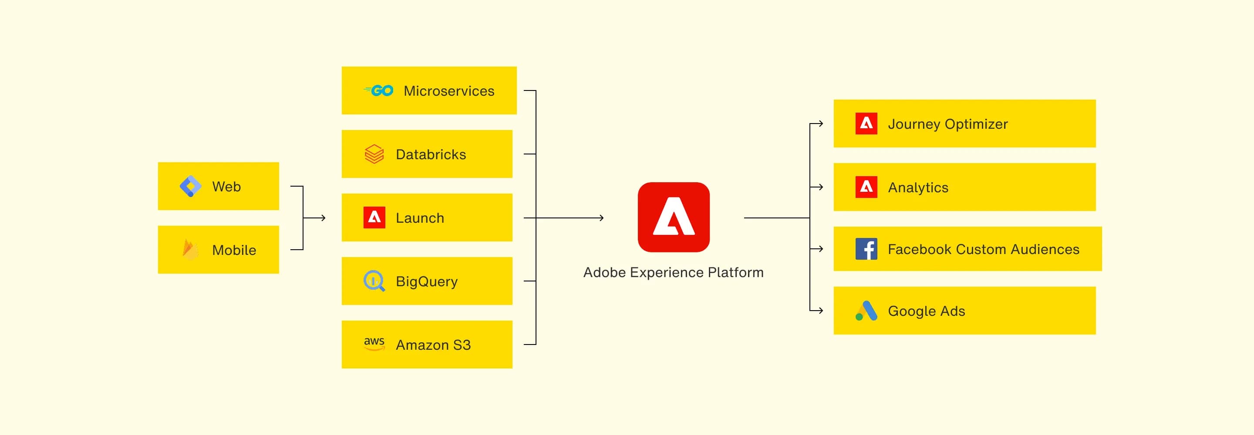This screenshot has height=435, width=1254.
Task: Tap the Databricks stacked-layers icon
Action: [x=374, y=154]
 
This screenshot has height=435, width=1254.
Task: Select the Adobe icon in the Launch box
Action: [x=374, y=217]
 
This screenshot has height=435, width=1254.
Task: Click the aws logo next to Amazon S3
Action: [x=374, y=344]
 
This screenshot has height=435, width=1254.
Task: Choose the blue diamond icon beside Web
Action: [x=190, y=186]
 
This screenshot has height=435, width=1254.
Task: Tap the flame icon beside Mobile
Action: [x=190, y=249]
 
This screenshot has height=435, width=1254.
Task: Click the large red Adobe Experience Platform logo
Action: [x=673, y=217]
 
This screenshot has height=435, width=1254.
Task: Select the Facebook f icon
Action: [x=866, y=249]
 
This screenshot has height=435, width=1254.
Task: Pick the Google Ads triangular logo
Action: [x=866, y=311]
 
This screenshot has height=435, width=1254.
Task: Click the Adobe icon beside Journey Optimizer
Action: [x=866, y=124]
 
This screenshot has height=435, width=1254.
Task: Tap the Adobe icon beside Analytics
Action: [x=866, y=187]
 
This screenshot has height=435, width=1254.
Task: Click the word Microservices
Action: [x=449, y=91]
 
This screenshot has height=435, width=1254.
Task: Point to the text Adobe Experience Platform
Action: [x=673, y=272]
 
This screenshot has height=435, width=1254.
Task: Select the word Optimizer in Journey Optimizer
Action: [x=976, y=124]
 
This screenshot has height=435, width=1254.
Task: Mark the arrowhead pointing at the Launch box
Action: [x=323, y=218]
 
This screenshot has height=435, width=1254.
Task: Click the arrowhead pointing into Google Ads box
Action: [x=821, y=311]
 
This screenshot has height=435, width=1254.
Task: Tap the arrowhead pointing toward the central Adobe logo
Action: [x=602, y=218]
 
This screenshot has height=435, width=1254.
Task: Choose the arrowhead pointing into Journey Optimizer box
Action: [x=821, y=124]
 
